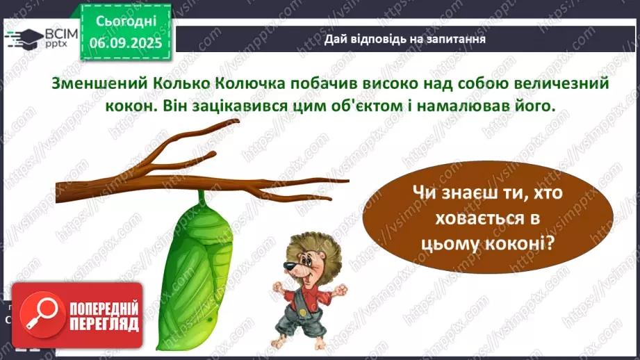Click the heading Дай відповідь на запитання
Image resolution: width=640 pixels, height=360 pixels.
[404, 39]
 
